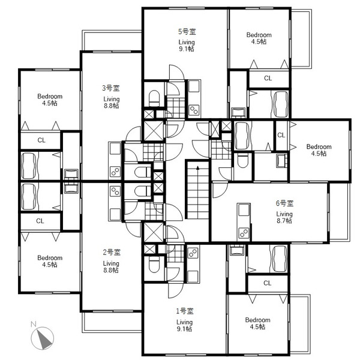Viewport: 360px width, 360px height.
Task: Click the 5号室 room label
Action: point(187,32)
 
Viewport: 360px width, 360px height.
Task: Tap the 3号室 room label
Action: point(111,88)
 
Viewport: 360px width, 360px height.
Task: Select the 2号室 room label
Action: point(112,253)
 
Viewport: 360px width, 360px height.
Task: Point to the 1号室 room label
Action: point(185,311)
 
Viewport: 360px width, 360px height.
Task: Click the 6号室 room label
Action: point(284,203)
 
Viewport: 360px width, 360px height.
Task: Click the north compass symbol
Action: point(43,338)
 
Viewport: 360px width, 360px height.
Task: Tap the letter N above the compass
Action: point(34,324)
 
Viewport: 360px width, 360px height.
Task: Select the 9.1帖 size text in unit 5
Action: point(187,49)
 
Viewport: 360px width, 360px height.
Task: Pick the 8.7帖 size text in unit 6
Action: point(284,221)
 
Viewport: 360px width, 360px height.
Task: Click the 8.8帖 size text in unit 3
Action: point(111,106)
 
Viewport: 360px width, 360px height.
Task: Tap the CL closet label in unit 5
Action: point(268,78)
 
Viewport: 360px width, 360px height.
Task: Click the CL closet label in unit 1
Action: point(267,283)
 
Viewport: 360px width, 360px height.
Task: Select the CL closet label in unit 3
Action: point(41,140)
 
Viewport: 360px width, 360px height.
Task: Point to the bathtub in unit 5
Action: point(280,104)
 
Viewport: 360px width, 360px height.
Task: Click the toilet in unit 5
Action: point(154,98)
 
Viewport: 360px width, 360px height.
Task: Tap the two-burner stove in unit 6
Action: point(244,233)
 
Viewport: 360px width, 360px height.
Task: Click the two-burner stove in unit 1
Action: point(193,253)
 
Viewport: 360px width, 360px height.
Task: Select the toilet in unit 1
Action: point(154,265)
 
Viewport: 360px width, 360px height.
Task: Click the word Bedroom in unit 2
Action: point(50,258)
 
